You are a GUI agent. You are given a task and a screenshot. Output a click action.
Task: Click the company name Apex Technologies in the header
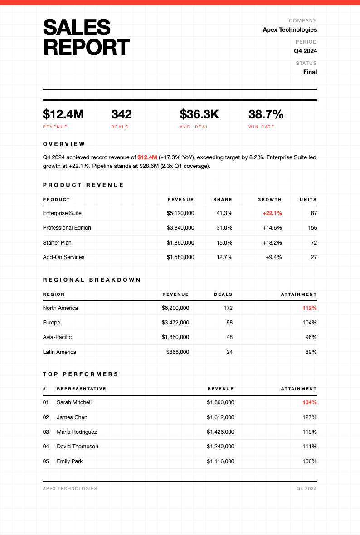coord(290,30)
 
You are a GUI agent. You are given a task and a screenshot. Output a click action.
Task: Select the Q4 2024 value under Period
coord(305,51)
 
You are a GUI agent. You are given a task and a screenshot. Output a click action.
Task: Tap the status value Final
coord(310,72)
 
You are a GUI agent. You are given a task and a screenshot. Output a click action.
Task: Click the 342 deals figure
coord(122,114)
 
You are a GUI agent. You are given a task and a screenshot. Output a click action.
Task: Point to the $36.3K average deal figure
coord(199,114)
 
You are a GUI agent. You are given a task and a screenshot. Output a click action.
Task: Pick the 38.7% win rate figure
coord(266,114)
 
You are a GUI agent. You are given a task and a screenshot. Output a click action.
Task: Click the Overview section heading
coord(64,144)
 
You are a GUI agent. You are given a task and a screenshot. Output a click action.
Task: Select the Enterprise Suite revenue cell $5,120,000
coord(180,213)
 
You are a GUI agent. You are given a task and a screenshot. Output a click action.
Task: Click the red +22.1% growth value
coord(272,213)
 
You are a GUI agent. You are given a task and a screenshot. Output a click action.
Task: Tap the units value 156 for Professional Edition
coord(312,228)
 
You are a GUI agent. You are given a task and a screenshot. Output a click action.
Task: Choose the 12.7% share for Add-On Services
coord(224,257)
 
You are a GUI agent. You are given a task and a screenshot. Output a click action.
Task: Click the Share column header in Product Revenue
coord(223,200)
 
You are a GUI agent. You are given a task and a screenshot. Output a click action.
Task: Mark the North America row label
coord(60,308)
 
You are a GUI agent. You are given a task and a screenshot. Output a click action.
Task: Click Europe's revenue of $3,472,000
coord(175,323)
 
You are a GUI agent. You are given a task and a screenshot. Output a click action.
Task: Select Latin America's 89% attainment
coord(310,352)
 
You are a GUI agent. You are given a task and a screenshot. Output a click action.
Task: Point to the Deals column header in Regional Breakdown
coord(223,294)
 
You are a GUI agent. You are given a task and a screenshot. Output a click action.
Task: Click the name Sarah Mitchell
coord(74,402)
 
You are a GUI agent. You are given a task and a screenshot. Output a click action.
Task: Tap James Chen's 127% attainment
coord(310,417)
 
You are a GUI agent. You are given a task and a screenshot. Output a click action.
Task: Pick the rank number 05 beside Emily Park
coord(46,461)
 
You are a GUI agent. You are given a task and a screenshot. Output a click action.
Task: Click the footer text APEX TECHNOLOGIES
coord(70,489)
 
